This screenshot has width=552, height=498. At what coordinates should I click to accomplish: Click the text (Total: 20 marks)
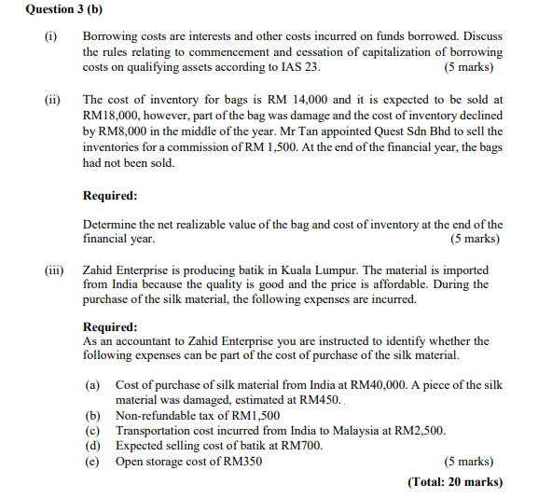pyautogui.click(x=454, y=482)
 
